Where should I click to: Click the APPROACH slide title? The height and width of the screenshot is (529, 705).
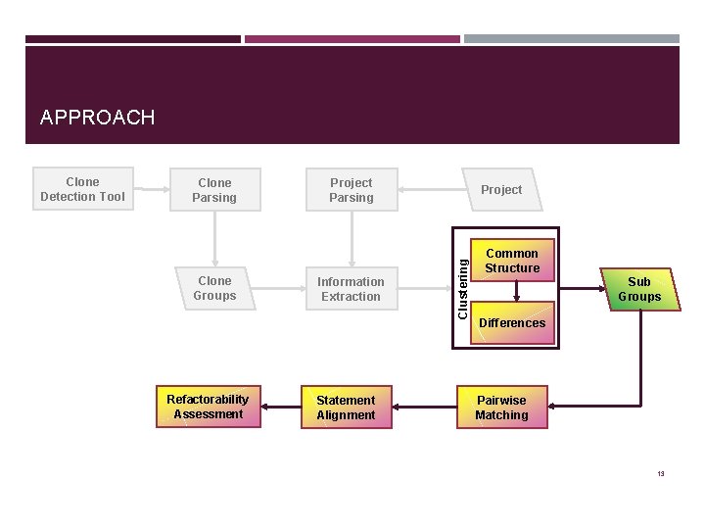97,119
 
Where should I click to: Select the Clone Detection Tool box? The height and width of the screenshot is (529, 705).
82,189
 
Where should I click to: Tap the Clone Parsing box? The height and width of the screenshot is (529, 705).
214,190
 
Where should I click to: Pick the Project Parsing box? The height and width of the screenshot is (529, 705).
351,190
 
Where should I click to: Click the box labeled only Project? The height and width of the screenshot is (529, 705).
500,190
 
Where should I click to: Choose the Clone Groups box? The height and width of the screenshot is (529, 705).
214,289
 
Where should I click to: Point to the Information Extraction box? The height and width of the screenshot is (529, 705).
351,289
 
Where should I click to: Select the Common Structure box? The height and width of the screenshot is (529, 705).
512,261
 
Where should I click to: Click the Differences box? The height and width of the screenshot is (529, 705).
512,323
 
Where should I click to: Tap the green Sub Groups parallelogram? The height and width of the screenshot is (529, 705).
639,289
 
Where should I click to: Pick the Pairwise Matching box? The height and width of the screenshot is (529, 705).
501,408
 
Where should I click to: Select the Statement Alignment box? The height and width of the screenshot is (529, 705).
346,408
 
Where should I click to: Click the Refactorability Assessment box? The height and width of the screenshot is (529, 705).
208,407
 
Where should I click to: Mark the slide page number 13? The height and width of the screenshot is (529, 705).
661,474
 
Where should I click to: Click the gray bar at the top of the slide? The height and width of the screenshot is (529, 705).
571,39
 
